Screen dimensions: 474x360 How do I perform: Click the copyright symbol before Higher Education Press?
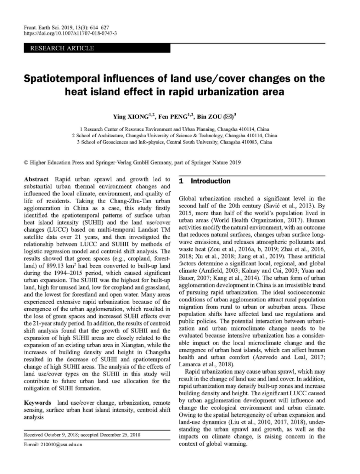(x=26, y=163)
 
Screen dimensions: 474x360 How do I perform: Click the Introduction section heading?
(x=211, y=181)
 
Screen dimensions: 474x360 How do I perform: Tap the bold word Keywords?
(x=38, y=403)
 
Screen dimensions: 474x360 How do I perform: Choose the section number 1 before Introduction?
(x=182, y=181)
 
